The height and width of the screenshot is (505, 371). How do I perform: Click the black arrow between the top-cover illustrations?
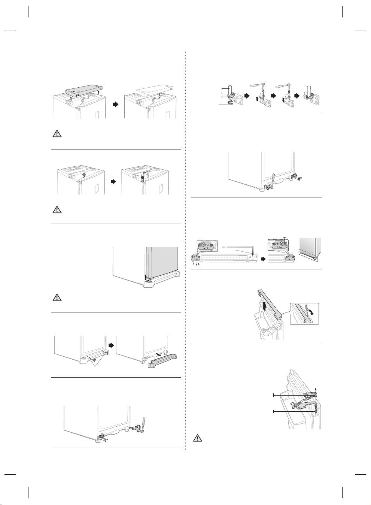point(116,105)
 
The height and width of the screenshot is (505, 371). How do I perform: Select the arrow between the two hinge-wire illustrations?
point(114,181)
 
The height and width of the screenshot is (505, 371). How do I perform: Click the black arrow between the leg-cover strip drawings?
point(264,258)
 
